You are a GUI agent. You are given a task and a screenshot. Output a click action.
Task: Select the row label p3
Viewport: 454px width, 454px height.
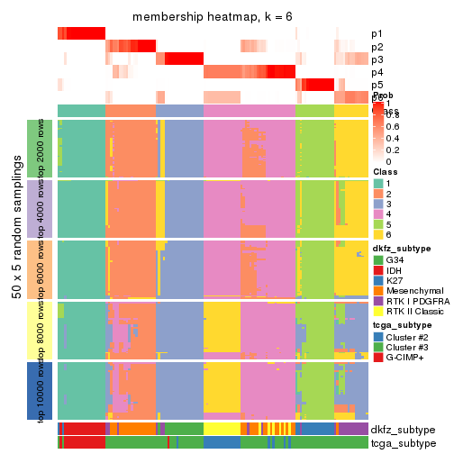click(377, 59)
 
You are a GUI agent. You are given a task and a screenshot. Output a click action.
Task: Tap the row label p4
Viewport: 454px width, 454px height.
click(377, 72)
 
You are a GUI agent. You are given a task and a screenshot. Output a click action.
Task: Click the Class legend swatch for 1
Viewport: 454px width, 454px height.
click(379, 184)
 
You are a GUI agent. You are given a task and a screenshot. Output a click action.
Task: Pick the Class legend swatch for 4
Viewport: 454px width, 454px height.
click(379, 217)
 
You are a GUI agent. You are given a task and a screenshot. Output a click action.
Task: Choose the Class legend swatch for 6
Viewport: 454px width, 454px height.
click(379, 239)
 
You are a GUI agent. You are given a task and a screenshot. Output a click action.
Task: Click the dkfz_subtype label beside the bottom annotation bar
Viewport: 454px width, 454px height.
click(403, 429)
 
